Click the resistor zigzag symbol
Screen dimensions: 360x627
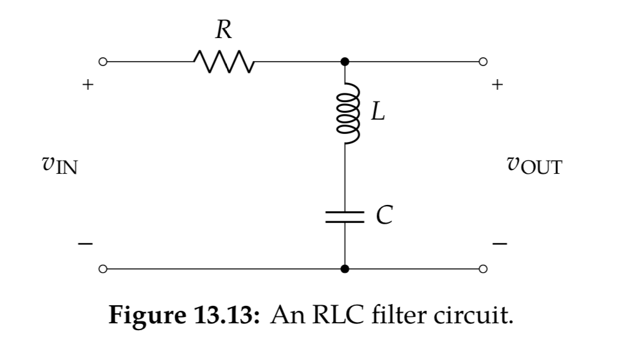pyautogui.click(x=223, y=62)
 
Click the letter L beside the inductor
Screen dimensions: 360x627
pyautogui.click(x=378, y=112)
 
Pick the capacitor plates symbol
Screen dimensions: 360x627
pyautogui.click(x=345, y=216)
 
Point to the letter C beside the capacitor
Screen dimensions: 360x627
pyautogui.click(x=385, y=216)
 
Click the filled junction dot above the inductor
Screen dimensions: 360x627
pyautogui.click(x=345, y=62)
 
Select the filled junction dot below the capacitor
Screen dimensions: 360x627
pyautogui.click(x=345, y=269)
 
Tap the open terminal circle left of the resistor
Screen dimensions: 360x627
pyautogui.click(x=103, y=62)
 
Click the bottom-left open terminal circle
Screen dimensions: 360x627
pyautogui.click(x=103, y=269)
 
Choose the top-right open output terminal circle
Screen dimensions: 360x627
pyautogui.click(x=482, y=62)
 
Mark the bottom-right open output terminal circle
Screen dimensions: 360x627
pyautogui.click(x=482, y=269)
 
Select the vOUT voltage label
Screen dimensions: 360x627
pyautogui.click(x=534, y=166)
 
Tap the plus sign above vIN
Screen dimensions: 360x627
pyautogui.click(x=89, y=84)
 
